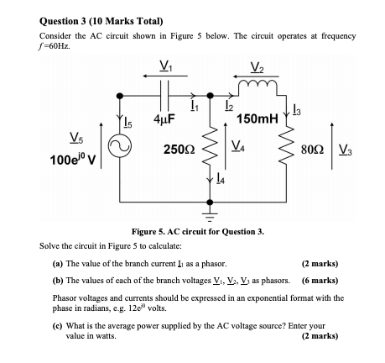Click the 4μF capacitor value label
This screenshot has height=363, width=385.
(x=164, y=118)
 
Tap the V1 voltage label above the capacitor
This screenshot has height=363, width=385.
(x=165, y=66)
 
